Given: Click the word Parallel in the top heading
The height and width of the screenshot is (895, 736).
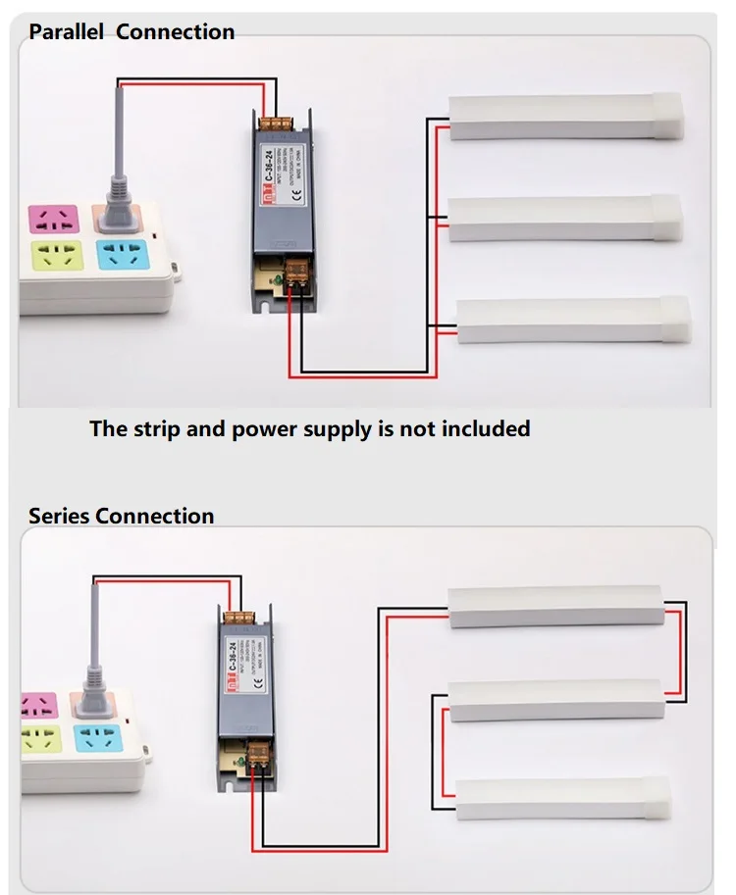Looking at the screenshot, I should pos(67,32).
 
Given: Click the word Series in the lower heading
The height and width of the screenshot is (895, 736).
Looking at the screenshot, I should pos(59,516).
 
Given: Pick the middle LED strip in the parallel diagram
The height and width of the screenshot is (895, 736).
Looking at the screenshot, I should pos(564,218).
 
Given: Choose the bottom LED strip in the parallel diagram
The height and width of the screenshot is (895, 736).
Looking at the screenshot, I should pos(574,321).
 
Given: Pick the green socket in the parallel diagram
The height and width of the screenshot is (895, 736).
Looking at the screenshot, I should pos(55,260).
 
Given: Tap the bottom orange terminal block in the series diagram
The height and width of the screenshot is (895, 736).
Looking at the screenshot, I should pos(260,753).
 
